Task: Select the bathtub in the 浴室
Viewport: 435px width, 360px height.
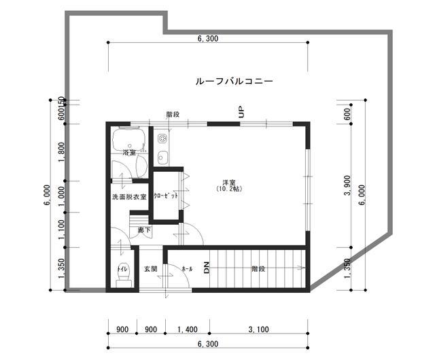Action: (x=129, y=141)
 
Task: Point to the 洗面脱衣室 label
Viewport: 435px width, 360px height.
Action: (x=129, y=197)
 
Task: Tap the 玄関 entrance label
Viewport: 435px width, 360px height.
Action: (x=151, y=270)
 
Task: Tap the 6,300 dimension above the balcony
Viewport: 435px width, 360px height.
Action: (x=208, y=39)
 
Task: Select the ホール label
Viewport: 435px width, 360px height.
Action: (x=186, y=270)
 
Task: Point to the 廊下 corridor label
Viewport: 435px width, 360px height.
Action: (x=144, y=231)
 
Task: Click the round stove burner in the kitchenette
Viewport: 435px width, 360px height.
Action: (x=162, y=139)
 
